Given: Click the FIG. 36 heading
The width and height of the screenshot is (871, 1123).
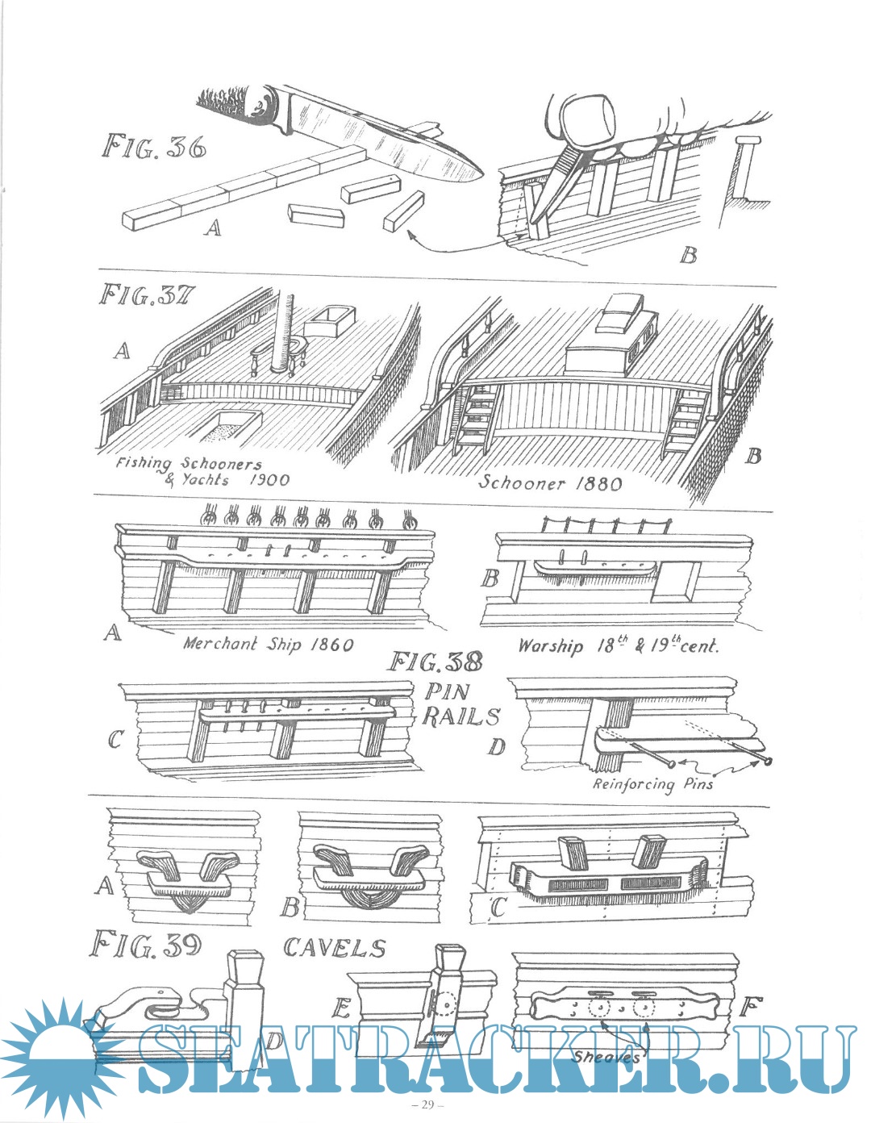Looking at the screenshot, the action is pyautogui.click(x=153, y=147).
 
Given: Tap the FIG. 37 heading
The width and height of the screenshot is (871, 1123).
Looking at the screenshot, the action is pyautogui.click(x=146, y=297).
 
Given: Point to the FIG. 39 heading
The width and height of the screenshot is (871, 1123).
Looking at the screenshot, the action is pyautogui.click(x=145, y=946).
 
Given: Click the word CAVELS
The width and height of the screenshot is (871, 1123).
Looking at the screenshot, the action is pyautogui.click(x=334, y=948).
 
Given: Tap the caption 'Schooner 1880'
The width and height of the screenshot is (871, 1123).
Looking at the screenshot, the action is pyautogui.click(x=551, y=483).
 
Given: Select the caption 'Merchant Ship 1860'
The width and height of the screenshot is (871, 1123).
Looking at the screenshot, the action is pyautogui.click(x=269, y=644).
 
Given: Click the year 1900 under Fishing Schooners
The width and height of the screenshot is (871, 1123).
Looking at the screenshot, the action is pyautogui.click(x=269, y=480).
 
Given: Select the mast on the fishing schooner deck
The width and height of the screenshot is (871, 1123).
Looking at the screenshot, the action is pyautogui.click(x=284, y=331).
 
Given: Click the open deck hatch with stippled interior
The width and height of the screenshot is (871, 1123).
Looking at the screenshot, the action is pyautogui.click(x=225, y=425).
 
